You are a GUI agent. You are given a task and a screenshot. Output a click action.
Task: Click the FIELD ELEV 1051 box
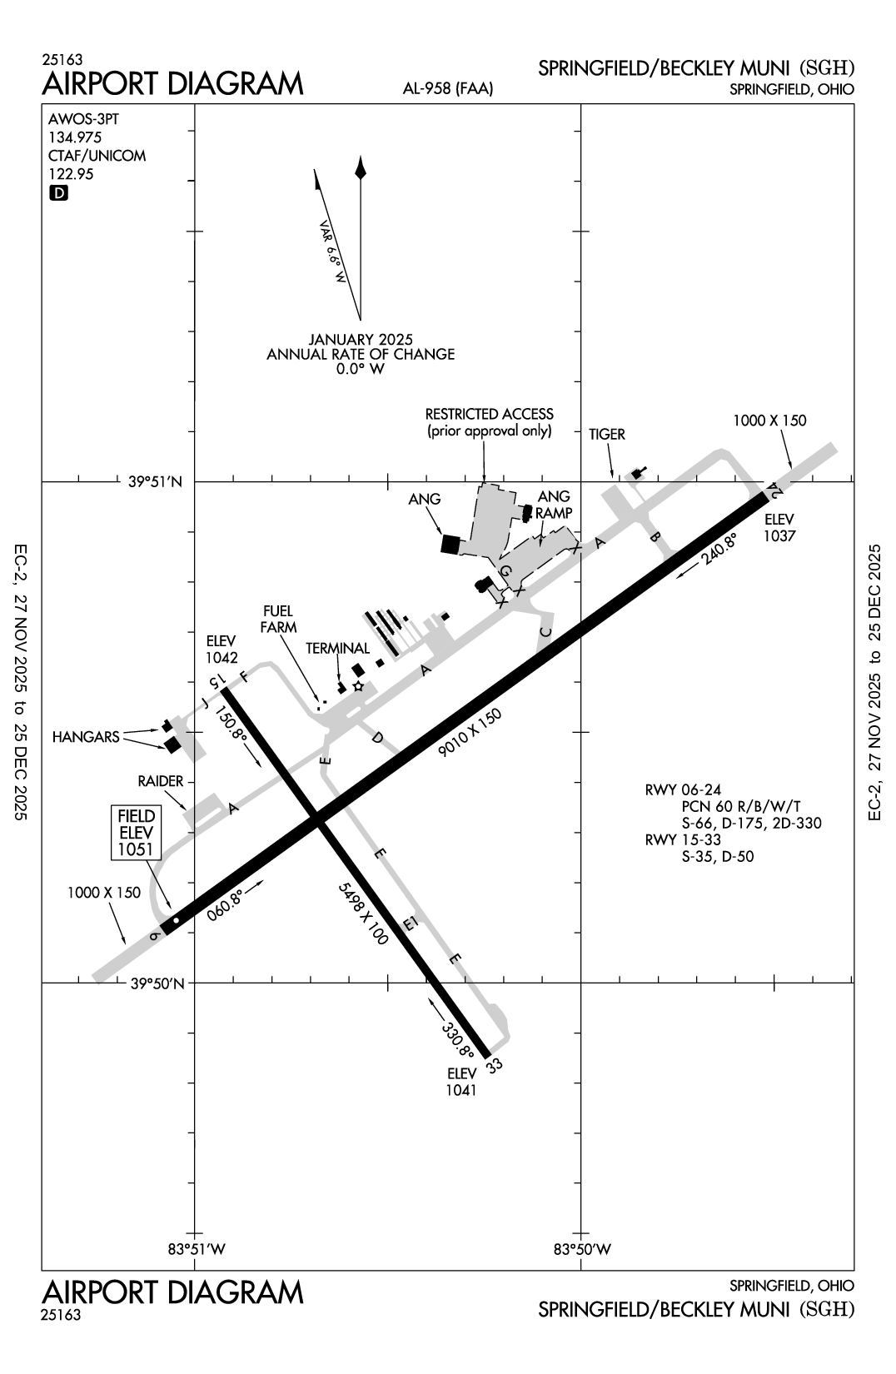pos(137,832)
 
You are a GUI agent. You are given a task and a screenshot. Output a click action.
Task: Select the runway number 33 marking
pos(495,1065)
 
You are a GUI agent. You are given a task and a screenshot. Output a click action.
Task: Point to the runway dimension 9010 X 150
pos(471,732)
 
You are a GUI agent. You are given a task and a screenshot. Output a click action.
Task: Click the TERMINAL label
pos(337,649)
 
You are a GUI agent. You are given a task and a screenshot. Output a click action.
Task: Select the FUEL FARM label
pos(279,619)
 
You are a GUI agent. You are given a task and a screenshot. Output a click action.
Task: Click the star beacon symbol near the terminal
pos(358,686)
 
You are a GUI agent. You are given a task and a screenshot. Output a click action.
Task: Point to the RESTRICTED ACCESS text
pos(489,414)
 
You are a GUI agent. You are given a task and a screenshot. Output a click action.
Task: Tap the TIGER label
pos(606,434)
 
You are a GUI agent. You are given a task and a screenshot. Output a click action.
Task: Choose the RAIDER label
pos(162,782)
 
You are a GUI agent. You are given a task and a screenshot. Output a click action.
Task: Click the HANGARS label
pos(85,737)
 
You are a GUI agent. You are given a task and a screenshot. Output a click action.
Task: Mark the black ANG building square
pos(450,544)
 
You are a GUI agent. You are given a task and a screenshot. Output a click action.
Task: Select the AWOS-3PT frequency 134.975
pos(75,137)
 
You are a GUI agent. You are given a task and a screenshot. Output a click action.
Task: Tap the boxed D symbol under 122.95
pos(59,193)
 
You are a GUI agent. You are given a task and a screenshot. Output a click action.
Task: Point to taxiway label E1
pos(409,923)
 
